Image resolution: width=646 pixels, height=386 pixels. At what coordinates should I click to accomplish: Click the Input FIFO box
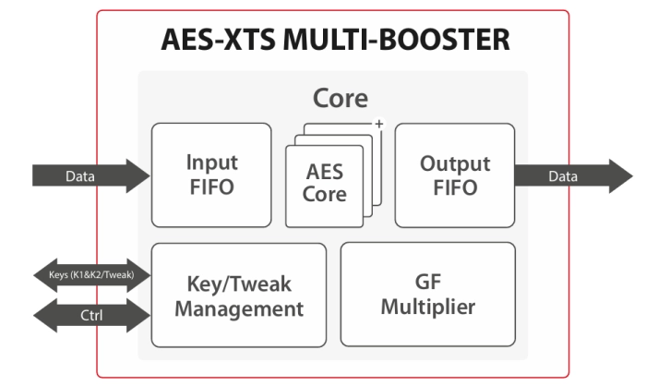point(211,175)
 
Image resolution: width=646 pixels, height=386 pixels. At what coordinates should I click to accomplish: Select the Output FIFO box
point(454,175)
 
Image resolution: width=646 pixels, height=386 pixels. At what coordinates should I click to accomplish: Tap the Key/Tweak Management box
point(238,295)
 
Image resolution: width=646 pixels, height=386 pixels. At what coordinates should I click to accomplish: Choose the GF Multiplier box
point(428,295)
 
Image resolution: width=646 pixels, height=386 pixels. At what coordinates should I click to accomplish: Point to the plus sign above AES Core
point(377,124)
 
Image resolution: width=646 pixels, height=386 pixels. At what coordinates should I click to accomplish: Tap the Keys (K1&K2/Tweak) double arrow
point(90,274)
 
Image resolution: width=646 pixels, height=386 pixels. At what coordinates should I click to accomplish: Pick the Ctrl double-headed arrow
point(90,316)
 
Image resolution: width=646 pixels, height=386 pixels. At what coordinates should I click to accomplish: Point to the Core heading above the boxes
point(341,98)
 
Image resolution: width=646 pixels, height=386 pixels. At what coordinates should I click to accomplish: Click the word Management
point(238,308)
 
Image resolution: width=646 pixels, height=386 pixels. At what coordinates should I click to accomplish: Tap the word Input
point(211,163)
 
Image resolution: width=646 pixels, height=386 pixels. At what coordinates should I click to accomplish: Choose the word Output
point(454,163)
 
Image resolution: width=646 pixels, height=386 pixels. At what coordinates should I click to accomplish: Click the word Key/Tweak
point(238,283)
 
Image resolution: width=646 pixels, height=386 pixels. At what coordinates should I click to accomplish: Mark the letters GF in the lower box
point(428,283)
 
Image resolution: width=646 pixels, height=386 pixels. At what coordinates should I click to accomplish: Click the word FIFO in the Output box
point(454,187)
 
